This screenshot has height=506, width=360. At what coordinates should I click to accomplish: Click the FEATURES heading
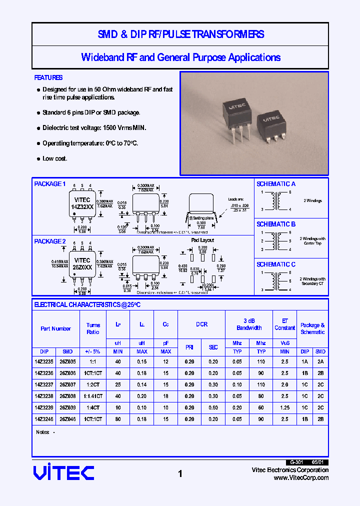48,77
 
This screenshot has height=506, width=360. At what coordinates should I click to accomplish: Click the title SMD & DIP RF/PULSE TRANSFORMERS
180,34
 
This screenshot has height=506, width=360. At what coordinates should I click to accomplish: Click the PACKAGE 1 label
50,184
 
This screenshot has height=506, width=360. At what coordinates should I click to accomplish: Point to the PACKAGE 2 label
50,241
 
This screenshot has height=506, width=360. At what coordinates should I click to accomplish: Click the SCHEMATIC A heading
276,184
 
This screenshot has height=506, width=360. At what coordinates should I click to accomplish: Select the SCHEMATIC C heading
276,264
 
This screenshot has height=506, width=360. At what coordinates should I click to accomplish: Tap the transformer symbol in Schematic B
274,241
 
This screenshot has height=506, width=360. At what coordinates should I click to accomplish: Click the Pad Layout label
202,240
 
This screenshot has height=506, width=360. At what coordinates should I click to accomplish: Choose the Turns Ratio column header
93,328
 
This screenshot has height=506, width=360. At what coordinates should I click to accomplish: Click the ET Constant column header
284,324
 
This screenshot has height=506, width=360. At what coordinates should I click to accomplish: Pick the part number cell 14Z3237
44,384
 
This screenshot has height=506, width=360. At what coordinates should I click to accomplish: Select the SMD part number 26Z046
67,419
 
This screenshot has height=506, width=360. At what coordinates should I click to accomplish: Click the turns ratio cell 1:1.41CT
93,396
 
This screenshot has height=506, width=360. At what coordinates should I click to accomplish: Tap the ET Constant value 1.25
284,407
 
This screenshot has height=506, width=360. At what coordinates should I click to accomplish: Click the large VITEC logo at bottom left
63,472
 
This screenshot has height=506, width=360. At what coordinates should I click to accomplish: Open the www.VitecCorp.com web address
301,477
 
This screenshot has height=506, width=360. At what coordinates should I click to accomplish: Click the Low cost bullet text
54,158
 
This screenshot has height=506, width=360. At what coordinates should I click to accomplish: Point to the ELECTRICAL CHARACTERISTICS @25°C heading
87,304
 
